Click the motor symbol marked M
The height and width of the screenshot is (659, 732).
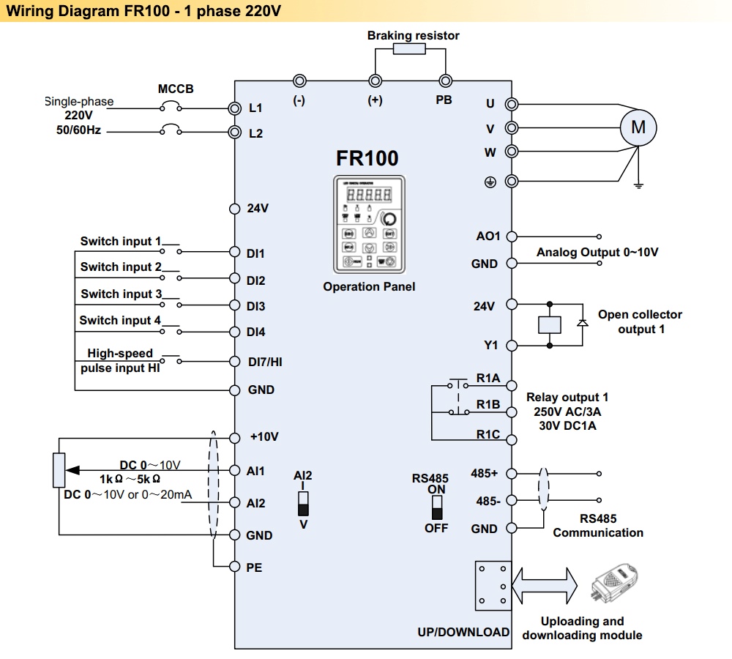(638, 127)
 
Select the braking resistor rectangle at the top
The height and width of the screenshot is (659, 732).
(409, 49)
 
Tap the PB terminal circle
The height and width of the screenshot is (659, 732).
(444, 81)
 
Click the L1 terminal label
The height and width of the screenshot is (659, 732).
(255, 108)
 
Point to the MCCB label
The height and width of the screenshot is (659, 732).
(176, 89)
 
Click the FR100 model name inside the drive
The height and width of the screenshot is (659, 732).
(367, 158)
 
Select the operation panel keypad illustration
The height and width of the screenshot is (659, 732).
(368, 226)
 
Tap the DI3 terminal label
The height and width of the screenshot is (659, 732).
(256, 306)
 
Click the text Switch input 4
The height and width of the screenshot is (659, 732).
(120, 320)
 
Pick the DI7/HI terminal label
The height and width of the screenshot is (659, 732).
(264, 362)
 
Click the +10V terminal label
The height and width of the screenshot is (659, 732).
(264, 437)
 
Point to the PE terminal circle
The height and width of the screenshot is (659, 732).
(235, 566)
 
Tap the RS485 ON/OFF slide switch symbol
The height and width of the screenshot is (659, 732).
(437, 507)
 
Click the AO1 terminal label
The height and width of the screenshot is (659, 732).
(488, 236)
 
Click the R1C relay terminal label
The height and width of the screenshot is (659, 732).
(488, 434)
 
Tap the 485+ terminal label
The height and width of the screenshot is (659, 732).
(484, 474)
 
